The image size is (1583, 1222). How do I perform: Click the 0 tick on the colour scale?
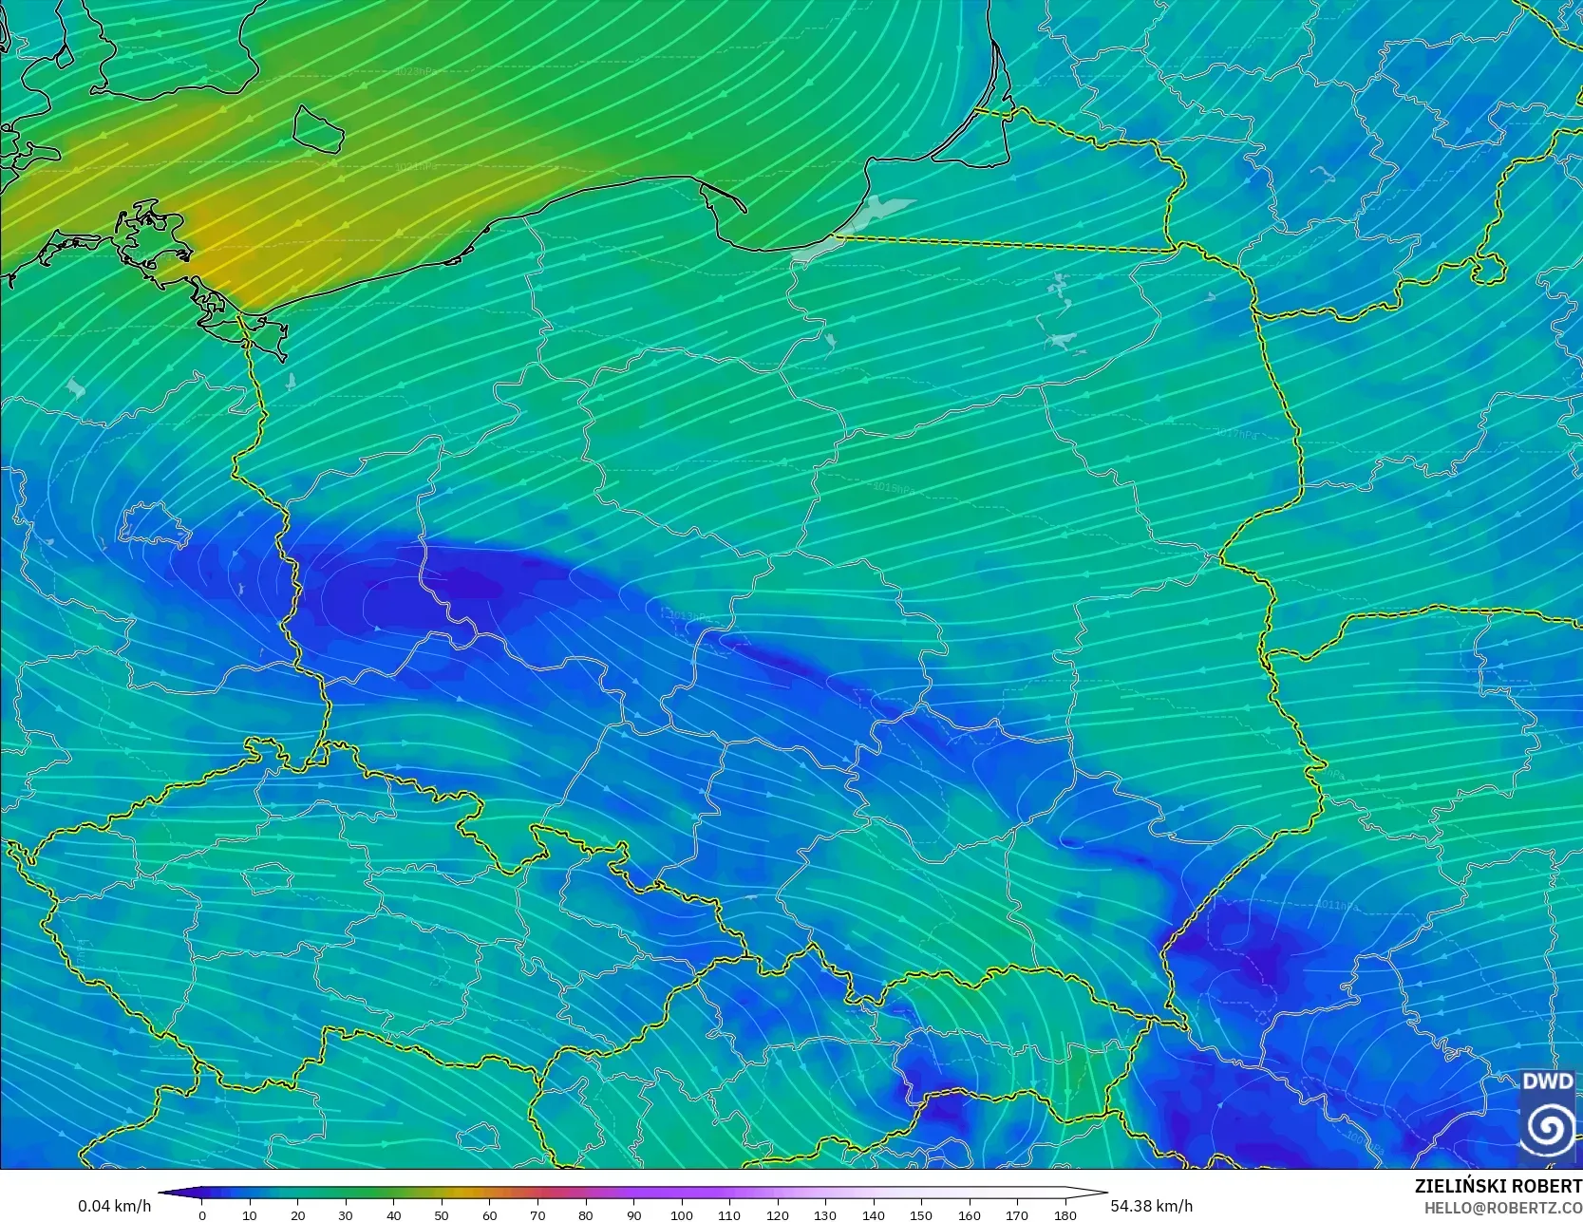pyautogui.click(x=202, y=1214)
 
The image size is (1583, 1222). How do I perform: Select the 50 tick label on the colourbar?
pyautogui.click(x=442, y=1215)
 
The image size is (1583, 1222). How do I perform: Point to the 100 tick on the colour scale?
pyautogui.click(x=682, y=1215)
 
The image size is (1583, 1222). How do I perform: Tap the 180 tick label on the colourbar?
pyautogui.click(x=1065, y=1215)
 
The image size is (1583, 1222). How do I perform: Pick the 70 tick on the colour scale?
pyautogui.click(x=537, y=1215)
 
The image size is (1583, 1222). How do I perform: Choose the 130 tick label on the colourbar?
pyautogui.click(x=825, y=1215)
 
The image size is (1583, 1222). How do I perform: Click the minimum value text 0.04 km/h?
pyautogui.click(x=114, y=1206)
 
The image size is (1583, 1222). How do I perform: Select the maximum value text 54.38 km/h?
pyautogui.click(x=1152, y=1206)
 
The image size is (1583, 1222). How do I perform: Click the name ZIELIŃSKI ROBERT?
pyautogui.click(x=1498, y=1186)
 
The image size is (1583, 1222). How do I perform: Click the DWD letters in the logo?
pyautogui.click(x=1548, y=1081)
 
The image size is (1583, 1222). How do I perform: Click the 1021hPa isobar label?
pyautogui.click(x=418, y=166)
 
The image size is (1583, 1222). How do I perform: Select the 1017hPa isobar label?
pyautogui.click(x=1235, y=433)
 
